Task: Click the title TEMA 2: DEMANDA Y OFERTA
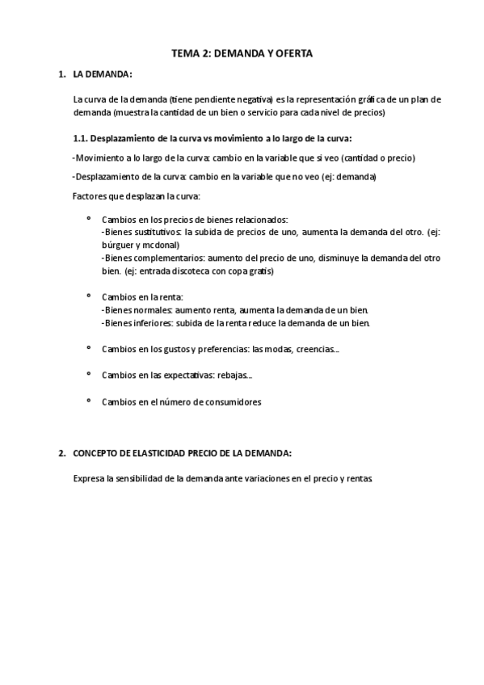pos(242,53)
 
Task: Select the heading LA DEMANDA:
pos(102,74)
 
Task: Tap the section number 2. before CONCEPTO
pos(61,452)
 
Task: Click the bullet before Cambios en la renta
pos(88,296)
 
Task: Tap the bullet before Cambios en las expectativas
pos(88,374)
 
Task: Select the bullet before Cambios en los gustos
pos(88,348)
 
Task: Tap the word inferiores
pos(152,323)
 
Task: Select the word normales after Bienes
pos(150,310)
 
